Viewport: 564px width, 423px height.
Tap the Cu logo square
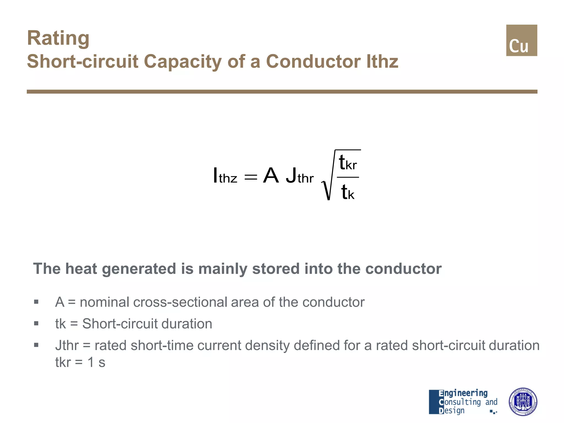click(521, 40)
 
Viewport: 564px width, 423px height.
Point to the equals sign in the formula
click(251, 177)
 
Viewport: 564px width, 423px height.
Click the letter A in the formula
click(271, 176)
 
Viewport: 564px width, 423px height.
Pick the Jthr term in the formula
click(300, 176)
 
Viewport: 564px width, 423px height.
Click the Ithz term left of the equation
click(225, 176)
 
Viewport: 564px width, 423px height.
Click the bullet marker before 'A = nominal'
click(36, 302)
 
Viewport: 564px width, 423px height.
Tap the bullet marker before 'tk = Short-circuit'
click(36, 323)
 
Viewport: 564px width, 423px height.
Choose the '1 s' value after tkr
click(96, 362)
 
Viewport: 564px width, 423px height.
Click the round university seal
click(522, 402)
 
